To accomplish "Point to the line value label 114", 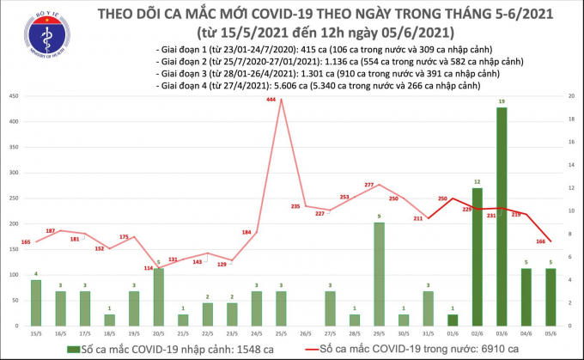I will point(148,268).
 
